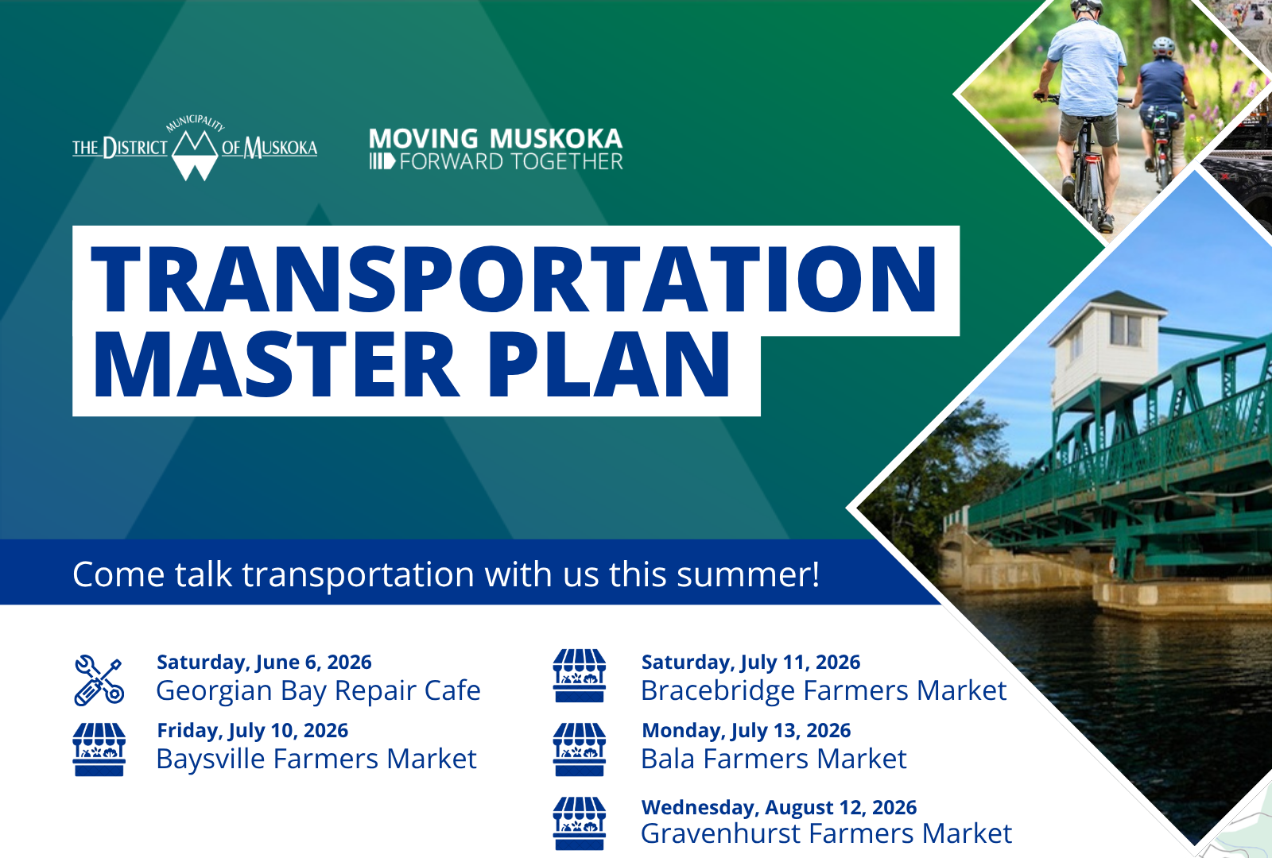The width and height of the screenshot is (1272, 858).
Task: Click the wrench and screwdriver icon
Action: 99,681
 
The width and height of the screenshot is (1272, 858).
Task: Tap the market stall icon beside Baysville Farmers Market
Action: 99,749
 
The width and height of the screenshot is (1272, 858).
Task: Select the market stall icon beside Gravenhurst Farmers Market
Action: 580,823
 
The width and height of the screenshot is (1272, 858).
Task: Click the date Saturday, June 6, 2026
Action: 264,663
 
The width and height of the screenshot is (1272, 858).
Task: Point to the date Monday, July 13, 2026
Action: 747,730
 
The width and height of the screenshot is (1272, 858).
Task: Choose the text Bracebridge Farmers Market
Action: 824,690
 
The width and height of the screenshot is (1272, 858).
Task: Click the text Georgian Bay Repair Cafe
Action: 319,690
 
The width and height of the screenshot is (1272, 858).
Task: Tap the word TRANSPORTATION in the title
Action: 514,280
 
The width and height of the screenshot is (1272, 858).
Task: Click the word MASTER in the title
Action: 275,364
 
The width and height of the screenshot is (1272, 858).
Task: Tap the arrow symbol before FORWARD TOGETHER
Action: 382,162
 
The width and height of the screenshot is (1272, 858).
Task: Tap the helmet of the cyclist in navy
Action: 1163,46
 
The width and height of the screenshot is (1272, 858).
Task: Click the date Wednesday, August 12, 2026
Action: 779,807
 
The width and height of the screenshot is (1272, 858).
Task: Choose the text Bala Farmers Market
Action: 774,759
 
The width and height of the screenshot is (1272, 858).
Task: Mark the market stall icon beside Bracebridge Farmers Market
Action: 580,676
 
